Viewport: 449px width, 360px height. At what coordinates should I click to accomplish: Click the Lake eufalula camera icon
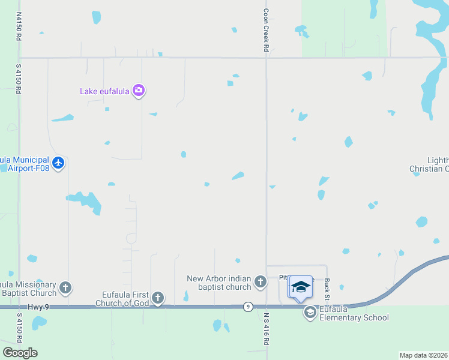139,91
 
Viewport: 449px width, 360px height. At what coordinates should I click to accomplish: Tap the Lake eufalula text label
105,92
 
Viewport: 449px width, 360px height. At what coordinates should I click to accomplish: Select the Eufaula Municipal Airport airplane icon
58,163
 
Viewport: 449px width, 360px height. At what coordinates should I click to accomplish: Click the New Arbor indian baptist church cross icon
260,281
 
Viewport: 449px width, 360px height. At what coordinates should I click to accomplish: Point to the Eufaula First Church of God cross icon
158,298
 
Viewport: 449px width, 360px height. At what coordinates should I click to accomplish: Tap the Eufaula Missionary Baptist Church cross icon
65,288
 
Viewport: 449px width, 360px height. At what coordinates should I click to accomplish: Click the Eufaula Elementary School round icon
310,312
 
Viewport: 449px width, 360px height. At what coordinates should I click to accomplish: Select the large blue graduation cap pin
300,287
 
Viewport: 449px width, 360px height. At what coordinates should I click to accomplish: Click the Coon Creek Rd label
265,33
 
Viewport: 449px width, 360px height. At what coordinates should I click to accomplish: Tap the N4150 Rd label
19,27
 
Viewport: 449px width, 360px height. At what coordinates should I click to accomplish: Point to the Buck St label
327,289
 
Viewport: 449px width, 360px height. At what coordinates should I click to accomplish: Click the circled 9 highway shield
247,307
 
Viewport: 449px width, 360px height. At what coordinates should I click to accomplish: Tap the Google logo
20,353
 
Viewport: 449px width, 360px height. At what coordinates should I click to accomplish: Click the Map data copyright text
424,355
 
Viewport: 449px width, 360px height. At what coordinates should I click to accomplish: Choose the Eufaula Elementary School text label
354,314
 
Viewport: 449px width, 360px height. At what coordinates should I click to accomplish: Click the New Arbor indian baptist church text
220,283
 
